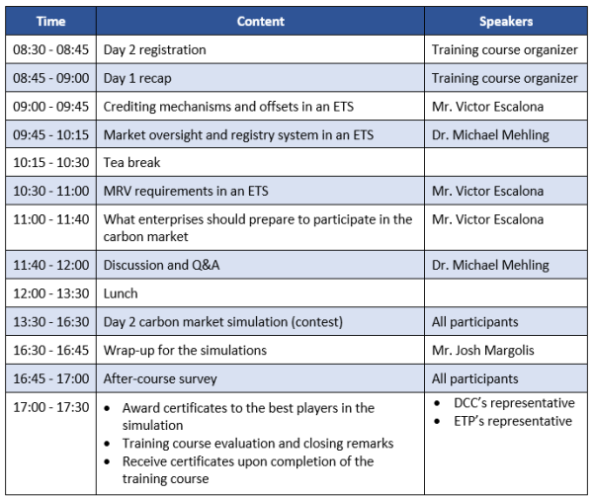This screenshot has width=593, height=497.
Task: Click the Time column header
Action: (50, 21)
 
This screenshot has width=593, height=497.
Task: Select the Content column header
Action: (261, 21)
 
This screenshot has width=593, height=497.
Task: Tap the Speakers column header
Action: (506, 21)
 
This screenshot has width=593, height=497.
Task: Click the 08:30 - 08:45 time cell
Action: (50, 49)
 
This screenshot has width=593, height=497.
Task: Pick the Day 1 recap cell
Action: (137, 78)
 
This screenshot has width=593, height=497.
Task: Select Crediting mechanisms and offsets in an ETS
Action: (228, 107)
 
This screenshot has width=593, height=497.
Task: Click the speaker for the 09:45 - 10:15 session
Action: (490, 135)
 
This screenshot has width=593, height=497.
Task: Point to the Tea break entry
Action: (131, 162)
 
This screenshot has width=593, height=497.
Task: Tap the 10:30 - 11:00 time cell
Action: (50, 191)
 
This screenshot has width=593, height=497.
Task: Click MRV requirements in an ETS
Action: (186, 191)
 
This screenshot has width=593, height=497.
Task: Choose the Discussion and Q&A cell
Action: (161, 265)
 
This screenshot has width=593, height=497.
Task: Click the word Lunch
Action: (121, 293)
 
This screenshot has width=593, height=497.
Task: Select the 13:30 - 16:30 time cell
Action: (50, 322)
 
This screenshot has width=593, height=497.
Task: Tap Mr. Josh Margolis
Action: (483, 351)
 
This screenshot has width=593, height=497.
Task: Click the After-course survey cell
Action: (160, 378)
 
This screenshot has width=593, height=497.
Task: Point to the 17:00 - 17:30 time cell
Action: (50, 407)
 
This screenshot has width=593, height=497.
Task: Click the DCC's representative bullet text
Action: (514, 403)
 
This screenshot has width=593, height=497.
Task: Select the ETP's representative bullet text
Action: (513, 421)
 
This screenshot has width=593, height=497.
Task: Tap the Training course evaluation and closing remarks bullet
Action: (258, 444)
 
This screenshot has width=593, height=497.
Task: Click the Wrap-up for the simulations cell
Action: (185, 351)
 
